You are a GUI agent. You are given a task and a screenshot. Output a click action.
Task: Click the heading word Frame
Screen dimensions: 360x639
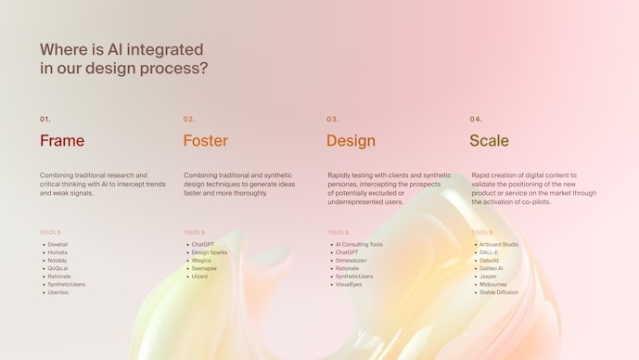tap(62, 141)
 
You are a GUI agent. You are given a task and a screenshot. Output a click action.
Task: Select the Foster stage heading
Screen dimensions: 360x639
tap(205, 141)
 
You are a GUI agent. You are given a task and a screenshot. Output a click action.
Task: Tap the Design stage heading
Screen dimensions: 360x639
tap(351, 141)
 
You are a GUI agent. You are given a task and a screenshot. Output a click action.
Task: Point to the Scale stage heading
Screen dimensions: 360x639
tap(489, 141)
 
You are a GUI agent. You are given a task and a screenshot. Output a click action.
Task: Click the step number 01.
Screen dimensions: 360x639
tap(45, 120)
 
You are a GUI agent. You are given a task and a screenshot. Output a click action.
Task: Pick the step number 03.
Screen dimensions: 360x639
tap(333, 120)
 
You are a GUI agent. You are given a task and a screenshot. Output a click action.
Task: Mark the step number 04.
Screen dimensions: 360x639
tap(477, 120)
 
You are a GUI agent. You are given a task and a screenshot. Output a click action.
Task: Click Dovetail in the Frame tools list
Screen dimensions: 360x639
tap(58, 244)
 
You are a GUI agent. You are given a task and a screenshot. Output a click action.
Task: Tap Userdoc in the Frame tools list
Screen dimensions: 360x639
tap(58, 292)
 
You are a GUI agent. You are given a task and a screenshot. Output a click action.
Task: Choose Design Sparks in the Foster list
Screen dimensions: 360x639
tap(209, 252)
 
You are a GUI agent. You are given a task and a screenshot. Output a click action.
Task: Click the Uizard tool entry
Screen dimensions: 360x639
tap(199, 276)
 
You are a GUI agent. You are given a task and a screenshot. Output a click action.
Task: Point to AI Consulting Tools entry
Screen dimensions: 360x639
tap(359, 244)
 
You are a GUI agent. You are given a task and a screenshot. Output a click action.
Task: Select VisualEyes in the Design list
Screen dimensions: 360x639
tap(349, 284)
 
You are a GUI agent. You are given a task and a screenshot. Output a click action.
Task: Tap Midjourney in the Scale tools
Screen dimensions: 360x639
tap(494, 284)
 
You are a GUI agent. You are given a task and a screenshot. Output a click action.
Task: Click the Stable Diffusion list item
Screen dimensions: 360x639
tap(499, 292)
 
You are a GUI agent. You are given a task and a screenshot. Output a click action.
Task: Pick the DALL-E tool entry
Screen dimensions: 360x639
tap(489, 252)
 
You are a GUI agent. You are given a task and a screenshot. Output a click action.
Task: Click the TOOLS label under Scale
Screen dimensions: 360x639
tap(482, 232)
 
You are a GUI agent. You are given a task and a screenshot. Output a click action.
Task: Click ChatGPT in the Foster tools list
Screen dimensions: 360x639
tap(203, 244)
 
